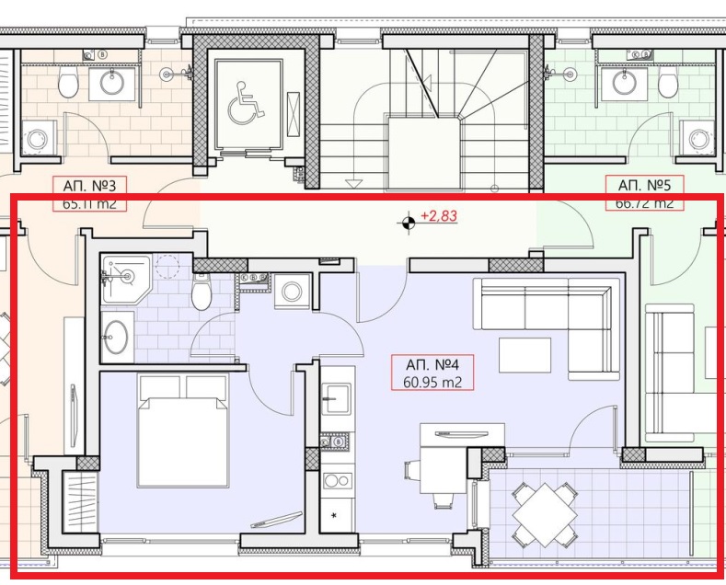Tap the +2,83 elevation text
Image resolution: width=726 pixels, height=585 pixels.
point(439,217)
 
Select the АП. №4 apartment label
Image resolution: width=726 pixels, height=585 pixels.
point(432,363)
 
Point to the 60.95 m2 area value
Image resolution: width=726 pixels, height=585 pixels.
point(432,381)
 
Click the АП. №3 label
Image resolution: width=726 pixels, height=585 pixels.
point(89,184)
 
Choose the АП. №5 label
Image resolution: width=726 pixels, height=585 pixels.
point(644,184)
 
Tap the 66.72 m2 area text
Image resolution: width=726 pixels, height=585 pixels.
point(644,202)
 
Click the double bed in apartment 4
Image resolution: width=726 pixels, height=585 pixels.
point(183,430)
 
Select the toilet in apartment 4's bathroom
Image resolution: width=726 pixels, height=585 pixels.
point(202,295)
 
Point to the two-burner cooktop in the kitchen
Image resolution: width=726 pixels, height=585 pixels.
point(337,480)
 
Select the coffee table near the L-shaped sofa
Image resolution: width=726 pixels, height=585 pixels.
point(524,355)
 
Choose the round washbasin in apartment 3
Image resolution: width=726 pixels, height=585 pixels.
point(111,84)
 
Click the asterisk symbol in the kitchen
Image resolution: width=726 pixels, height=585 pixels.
point(334,513)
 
